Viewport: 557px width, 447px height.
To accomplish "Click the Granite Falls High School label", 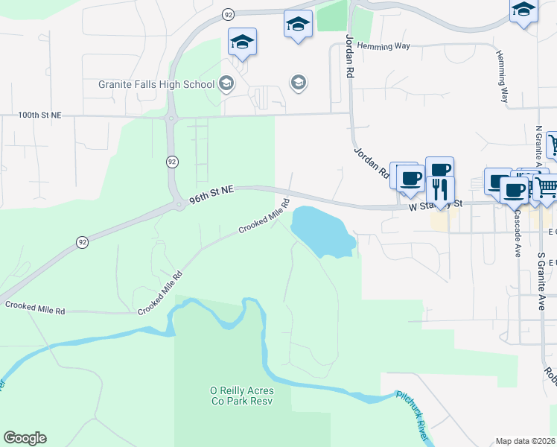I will tap(156, 84).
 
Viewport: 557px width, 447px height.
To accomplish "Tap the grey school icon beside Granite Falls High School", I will tap(227, 83).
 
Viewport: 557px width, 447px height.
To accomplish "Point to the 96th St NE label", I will tap(211, 195).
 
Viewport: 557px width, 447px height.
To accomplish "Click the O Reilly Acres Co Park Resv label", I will tap(241, 396).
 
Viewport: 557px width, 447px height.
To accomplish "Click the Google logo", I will tap(25, 438).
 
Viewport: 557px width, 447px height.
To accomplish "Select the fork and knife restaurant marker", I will tap(440, 189).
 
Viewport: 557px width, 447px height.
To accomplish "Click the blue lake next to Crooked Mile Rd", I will tap(320, 231).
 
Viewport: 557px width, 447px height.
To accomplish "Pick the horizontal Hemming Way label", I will tap(383, 46).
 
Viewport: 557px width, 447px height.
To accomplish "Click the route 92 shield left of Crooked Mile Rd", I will tap(81, 242).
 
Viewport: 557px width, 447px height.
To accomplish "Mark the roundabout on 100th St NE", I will tap(173, 116).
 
